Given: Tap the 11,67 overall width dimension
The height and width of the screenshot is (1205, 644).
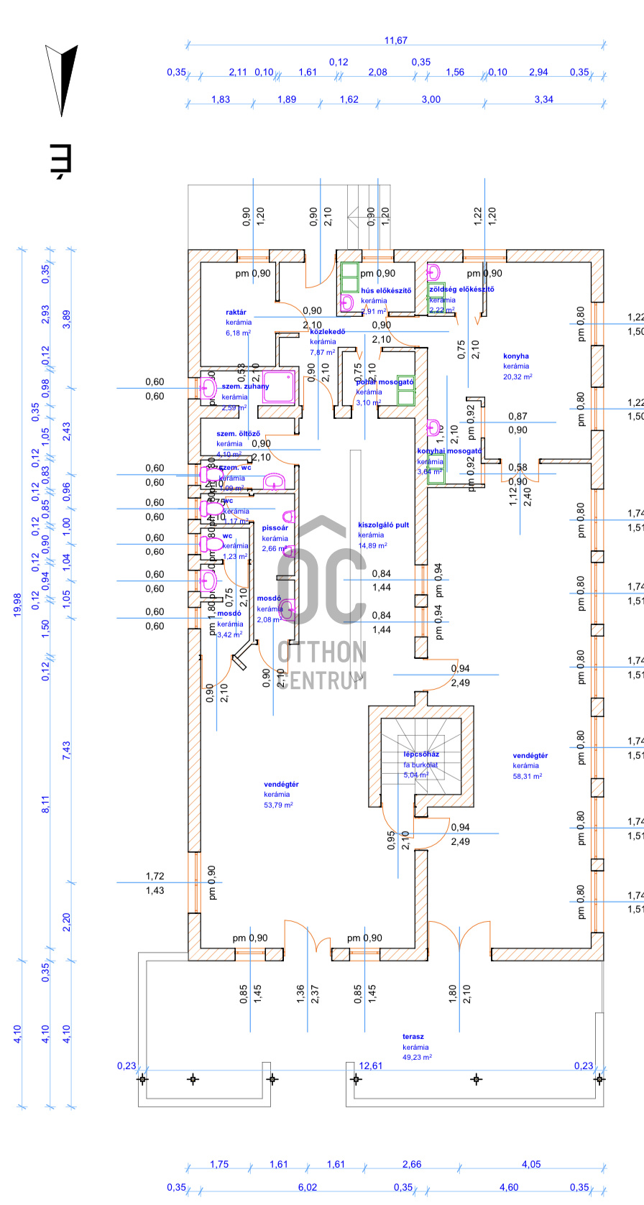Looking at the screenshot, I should click(x=395, y=41).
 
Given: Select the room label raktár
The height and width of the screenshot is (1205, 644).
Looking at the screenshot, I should click(x=236, y=313).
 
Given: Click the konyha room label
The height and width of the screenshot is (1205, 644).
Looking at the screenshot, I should click(x=516, y=356).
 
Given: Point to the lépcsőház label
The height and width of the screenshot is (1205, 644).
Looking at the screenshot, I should click(x=421, y=754).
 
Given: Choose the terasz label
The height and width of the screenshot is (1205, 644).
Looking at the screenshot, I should click(x=413, y=1037).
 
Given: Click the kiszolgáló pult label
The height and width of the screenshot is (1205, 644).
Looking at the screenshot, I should click(x=383, y=525).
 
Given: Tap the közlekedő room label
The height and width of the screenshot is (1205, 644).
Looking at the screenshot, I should click(x=327, y=332).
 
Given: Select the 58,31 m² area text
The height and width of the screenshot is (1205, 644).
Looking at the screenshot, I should click(x=528, y=776).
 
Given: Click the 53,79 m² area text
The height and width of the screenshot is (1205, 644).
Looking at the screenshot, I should click(x=278, y=805).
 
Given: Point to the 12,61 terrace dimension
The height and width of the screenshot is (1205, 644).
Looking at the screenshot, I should click(x=371, y=1066).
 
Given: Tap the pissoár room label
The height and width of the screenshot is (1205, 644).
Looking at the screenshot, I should click(x=275, y=528).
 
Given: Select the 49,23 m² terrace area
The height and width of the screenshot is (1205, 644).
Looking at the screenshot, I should click(x=417, y=1057).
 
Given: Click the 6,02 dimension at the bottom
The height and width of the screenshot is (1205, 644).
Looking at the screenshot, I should click(x=307, y=1187).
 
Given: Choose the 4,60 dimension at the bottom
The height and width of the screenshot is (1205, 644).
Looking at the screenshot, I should click(x=508, y=1187).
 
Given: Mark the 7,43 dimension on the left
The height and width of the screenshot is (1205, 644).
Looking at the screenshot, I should click(x=67, y=751).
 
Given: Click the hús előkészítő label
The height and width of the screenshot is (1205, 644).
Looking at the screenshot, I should click(x=386, y=291).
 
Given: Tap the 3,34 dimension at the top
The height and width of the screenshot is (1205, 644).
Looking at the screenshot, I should click(x=543, y=99).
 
